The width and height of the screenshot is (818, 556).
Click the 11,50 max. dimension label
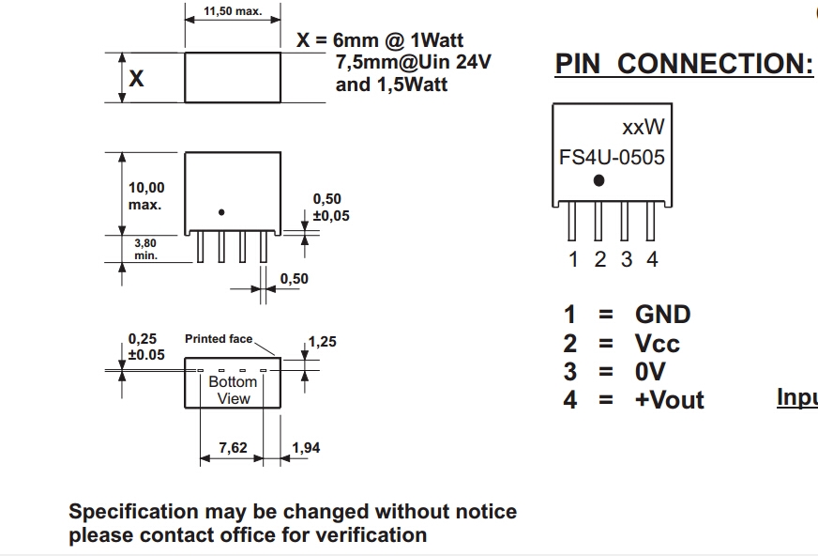234,11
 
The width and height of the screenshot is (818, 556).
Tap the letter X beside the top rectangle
136,78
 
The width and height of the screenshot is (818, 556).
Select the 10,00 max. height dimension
145,195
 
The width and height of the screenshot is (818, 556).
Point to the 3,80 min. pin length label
145,248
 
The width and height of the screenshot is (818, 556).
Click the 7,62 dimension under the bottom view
233,448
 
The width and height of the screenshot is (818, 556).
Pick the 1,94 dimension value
306,448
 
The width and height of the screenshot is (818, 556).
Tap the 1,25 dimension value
322,342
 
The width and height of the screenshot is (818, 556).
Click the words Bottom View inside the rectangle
233,390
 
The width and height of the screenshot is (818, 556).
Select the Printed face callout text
219,338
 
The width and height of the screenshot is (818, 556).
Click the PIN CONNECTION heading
684,64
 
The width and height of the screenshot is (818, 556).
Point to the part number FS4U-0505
612,157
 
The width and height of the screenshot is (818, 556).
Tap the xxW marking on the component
643,127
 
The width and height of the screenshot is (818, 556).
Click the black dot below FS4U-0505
599,180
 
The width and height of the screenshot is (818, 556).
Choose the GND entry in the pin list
662,315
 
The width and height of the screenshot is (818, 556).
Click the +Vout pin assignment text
669,400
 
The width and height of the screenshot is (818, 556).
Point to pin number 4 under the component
652,259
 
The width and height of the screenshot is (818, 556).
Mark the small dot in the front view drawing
221,212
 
